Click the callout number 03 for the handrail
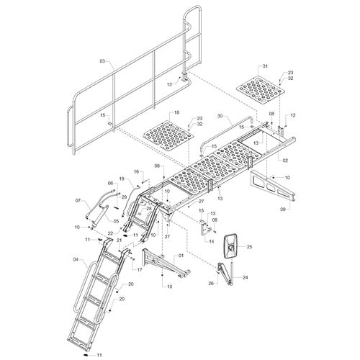102,61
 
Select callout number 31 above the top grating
265,66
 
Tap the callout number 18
176,112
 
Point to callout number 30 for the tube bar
220,116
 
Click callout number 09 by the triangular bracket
283,210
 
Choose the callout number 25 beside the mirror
250,246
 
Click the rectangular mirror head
230,246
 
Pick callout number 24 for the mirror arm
245,277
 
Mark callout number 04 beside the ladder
76,259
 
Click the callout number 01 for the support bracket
181,256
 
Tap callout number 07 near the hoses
78,200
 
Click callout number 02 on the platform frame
285,161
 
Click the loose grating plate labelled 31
261,91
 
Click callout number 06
110,183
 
